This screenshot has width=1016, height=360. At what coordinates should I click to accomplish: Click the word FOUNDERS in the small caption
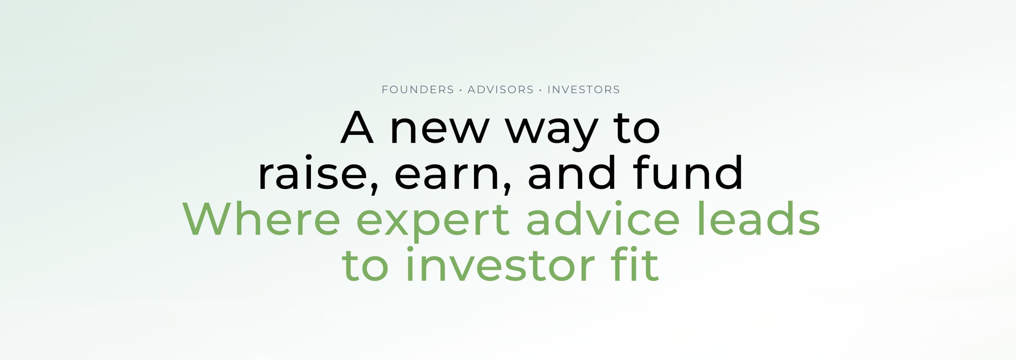[418, 90]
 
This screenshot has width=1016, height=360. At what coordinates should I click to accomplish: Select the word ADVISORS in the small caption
[501, 90]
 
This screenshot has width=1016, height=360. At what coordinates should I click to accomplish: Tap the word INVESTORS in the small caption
[584, 90]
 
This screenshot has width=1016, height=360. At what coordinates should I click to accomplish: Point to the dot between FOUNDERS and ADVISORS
[461, 90]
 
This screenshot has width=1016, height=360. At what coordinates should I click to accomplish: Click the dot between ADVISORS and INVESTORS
[540, 90]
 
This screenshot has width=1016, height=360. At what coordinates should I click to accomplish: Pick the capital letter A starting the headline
[357, 128]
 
